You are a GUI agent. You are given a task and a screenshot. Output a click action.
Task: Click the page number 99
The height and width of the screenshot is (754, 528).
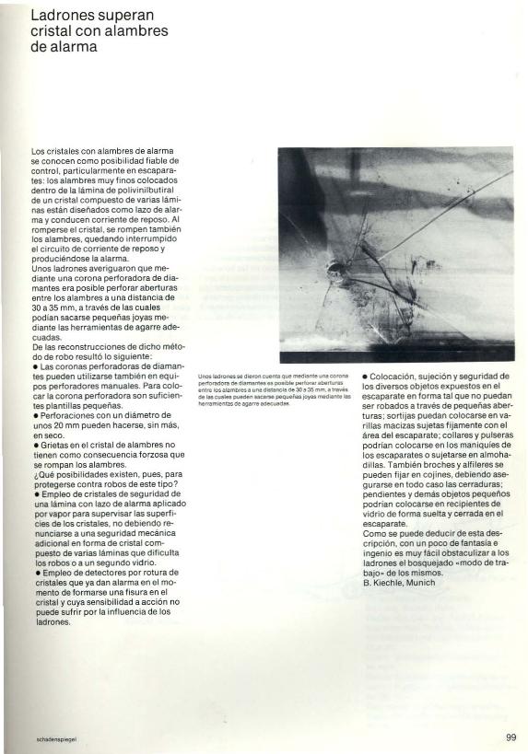(x=510, y=737)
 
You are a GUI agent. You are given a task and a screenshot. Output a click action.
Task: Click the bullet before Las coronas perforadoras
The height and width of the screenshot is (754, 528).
(x=34, y=365)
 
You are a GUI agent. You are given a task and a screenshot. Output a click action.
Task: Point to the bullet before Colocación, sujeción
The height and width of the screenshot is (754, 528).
(x=365, y=377)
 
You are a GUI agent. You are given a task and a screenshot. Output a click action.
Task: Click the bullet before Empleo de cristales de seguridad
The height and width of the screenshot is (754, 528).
(x=34, y=496)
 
